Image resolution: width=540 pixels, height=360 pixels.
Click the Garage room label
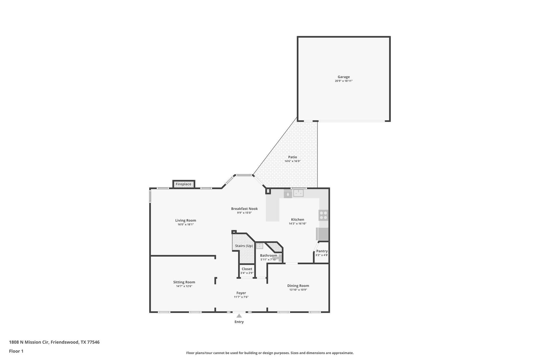344,77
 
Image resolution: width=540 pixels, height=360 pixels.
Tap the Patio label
292,157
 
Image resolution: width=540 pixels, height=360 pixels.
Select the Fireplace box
184,184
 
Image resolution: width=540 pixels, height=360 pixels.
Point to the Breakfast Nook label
244,209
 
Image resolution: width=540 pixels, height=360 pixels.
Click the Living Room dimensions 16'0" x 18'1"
186,224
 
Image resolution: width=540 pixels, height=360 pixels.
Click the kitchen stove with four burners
324,215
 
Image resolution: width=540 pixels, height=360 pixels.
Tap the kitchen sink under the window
298,193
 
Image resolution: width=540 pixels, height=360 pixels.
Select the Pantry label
322,251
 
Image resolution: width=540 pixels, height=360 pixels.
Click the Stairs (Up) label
244,246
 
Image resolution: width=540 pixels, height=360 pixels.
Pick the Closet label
247,269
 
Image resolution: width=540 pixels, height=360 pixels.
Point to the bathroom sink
260,246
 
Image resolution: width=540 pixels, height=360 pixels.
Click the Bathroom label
268,255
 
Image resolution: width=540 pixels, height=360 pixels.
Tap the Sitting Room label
184,282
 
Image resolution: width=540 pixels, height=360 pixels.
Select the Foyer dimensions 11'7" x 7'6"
241,297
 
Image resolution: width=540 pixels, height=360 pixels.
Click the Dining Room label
298,286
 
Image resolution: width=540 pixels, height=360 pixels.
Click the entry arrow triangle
239,316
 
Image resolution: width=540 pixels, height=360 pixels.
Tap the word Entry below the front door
239,322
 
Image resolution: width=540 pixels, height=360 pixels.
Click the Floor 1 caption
16,351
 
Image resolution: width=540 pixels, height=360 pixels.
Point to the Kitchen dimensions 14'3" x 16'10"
297,223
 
